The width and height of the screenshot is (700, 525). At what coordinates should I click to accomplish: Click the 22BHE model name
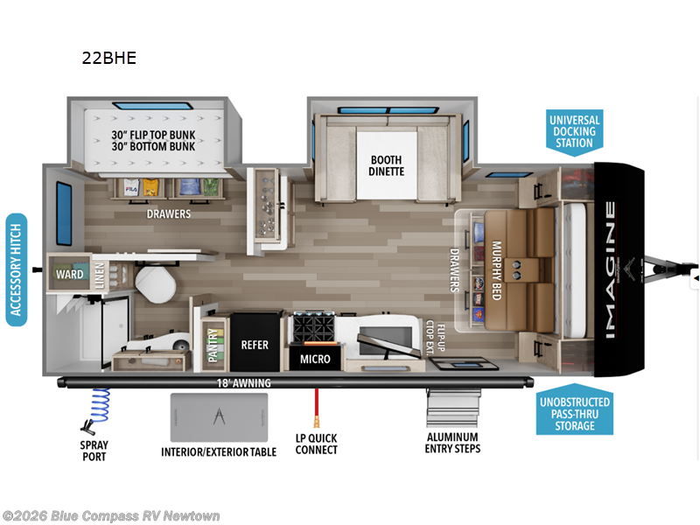coord(109,59)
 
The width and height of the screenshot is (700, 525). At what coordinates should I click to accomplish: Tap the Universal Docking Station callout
coord(574,131)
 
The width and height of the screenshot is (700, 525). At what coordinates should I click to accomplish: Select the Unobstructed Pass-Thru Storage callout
coord(574,413)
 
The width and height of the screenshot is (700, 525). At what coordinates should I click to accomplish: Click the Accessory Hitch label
coord(16,269)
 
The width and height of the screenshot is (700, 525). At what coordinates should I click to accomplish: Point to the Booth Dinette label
coord(387,164)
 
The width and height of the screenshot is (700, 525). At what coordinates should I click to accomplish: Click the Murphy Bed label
coord(496,270)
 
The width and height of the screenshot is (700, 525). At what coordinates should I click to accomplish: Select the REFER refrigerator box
coord(255,345)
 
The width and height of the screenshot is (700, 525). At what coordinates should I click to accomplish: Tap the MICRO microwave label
coord(315,358)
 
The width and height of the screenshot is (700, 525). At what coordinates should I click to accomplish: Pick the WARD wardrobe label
coord(70,274)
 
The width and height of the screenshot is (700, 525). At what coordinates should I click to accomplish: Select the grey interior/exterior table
coord(218,417)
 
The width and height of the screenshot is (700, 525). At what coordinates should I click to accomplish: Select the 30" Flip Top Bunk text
coord(152,136)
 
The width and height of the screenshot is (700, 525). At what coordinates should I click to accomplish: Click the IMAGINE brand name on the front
coord(610,270)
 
